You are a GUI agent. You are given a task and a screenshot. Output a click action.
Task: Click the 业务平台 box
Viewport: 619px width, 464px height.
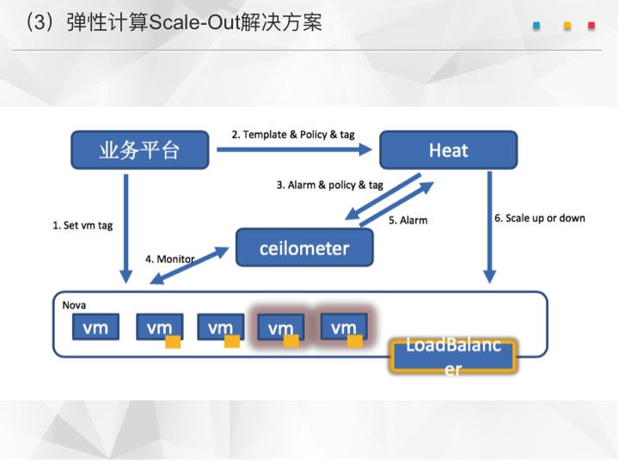[140, 150]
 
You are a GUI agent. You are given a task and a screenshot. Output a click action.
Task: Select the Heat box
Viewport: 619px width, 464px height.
[449, 150]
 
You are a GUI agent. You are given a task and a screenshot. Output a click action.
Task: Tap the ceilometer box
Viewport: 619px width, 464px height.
[304, 247]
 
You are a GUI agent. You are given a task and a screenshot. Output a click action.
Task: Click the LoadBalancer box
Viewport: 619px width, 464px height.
[453, 357]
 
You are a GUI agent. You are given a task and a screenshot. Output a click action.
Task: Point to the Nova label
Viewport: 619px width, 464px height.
[74, 305]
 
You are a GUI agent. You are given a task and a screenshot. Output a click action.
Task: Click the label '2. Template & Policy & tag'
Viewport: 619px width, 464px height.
[293, 135]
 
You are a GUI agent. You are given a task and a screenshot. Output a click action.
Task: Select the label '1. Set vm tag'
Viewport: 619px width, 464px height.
[83, 225]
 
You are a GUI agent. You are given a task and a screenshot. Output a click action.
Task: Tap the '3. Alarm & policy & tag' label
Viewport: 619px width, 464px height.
[329, 185]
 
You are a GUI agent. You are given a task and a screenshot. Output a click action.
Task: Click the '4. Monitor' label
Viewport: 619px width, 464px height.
[169, 259]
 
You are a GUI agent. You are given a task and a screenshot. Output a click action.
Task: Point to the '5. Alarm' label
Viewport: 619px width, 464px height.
[408, 220]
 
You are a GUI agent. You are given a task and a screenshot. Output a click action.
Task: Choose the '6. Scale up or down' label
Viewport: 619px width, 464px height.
[540, 218]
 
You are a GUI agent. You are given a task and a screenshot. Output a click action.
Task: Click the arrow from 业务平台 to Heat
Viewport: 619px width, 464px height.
[295, 150]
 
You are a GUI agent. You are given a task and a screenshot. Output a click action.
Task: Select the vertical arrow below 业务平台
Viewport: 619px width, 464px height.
[126, 229]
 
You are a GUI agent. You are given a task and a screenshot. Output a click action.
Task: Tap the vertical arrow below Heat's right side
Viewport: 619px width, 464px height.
[489, 228]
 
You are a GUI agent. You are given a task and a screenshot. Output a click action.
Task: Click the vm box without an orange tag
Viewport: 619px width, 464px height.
[95, 327]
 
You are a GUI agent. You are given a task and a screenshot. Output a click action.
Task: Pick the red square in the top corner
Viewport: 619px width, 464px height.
[591, 26]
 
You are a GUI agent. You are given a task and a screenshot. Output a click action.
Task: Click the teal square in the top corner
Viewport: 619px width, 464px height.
[536, 26]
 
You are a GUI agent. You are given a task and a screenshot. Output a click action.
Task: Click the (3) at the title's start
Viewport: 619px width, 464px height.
[40, 22]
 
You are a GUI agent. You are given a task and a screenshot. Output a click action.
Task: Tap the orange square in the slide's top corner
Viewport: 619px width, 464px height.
[567, 26]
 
